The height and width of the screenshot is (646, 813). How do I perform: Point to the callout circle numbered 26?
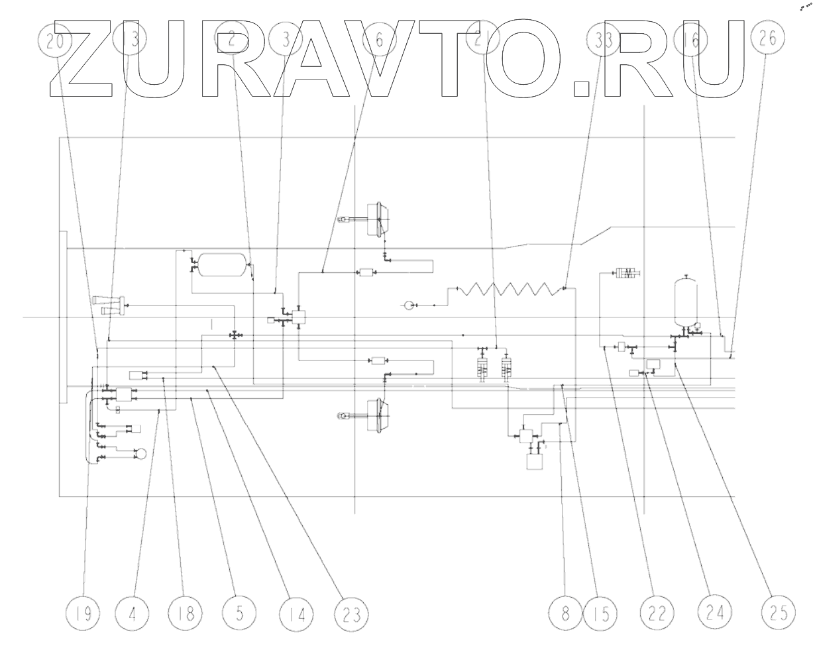767,39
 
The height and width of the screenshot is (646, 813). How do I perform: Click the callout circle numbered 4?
133,612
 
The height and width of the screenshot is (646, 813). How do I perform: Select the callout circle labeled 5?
239,612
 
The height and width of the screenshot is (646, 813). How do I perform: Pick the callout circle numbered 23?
351,612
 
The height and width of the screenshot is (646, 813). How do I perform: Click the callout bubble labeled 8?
565,612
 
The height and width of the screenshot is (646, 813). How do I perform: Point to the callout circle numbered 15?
601,612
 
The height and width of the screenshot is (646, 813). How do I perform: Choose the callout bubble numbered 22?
657,612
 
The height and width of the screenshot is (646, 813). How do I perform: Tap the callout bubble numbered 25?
776,612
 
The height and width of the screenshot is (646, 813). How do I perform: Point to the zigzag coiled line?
506,289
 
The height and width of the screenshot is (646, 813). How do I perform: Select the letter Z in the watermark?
77,58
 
